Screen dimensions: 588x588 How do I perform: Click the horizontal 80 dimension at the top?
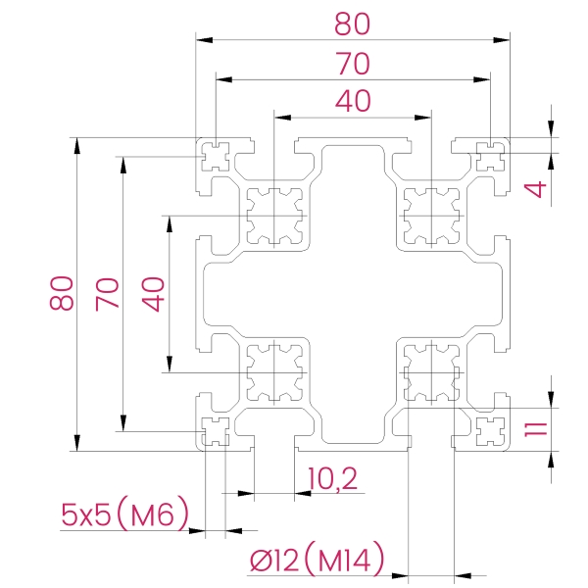pyautogui.click(x=352, y=24)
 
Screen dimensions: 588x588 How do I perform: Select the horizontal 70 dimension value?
pyautogui.click(x=353, y=64)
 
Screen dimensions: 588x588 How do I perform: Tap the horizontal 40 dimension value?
pyautogui.click(x=353, y=101)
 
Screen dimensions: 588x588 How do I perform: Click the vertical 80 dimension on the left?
pyautogui.click(x=61, y=293)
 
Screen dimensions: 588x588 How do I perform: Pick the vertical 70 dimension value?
pyautogui.click(x=107, y=294)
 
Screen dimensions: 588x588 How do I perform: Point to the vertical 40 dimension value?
pyautogui.click(x=153, y=295)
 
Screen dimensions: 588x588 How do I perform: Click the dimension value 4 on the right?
pyautogui.click(x=535, y=189)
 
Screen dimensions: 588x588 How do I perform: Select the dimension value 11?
pyautogui.click(x=536, y=429)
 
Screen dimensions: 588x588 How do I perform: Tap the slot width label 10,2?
pyautogui.click(x=332, y=478)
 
